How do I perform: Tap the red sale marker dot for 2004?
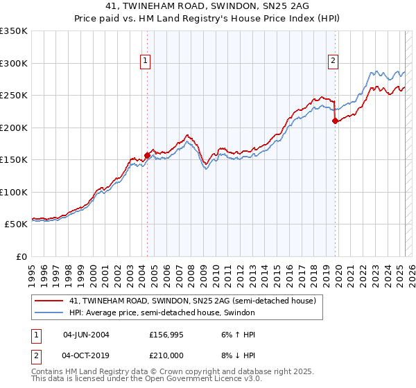coord(147,155)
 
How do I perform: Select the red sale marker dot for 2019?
coord(335,121)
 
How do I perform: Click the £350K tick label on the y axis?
coord(14,31)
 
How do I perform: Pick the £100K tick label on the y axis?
coord(14,192)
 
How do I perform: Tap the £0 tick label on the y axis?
coord(21,256)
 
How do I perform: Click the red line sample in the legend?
coord(49,301)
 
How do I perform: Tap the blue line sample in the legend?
coord(49,313)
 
